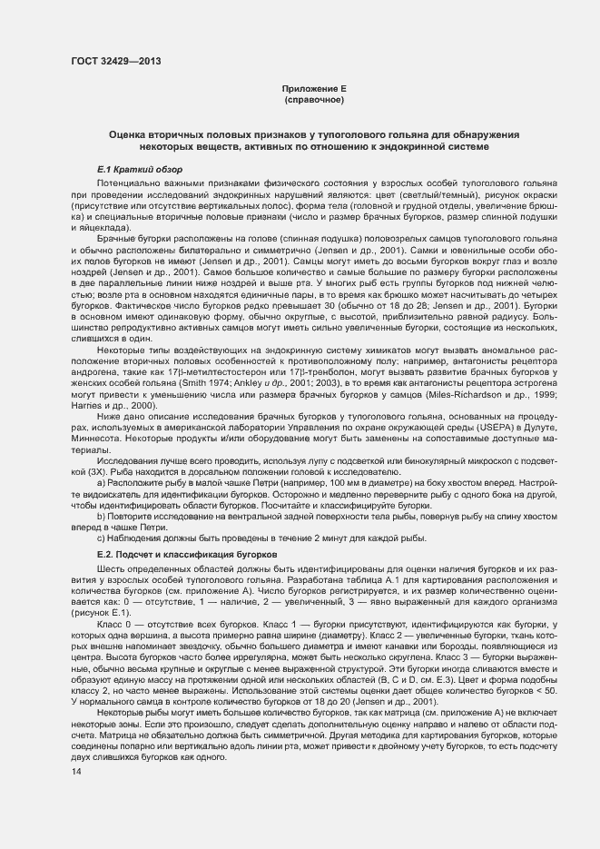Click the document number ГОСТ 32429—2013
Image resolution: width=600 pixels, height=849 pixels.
[x=111, y=62]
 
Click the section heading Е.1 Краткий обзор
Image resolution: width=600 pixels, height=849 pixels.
[x=139, y=170]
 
